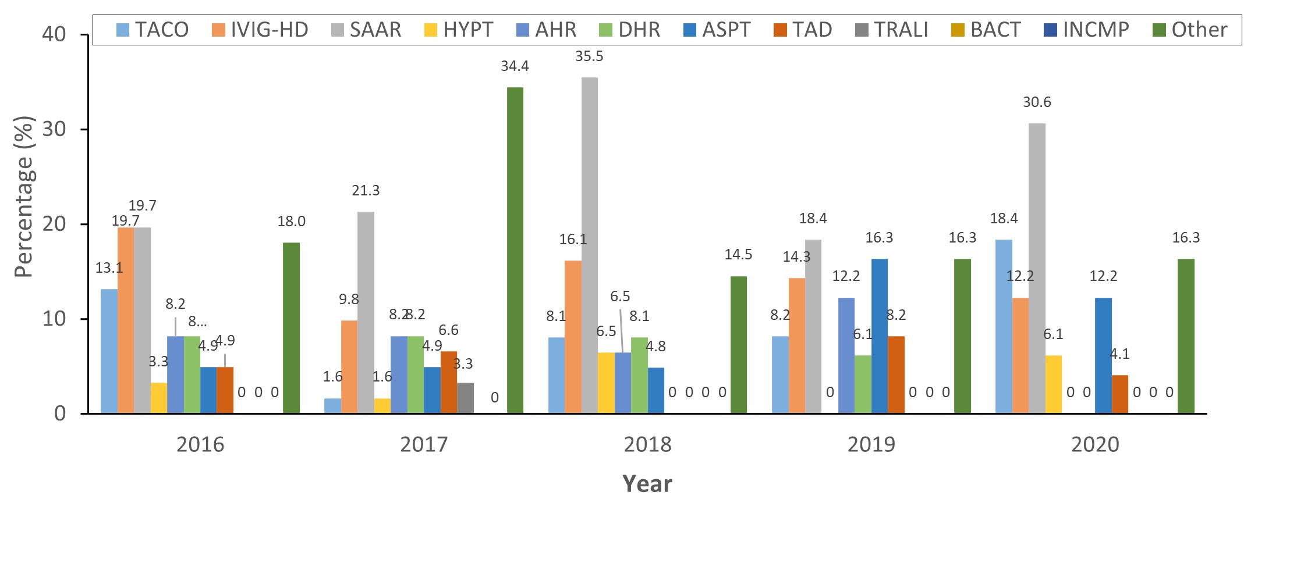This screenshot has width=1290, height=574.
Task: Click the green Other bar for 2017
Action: pyautogui.click(x=515, y=250)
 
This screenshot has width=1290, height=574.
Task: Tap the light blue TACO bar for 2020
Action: pyautogui.click(x=1004, y=326)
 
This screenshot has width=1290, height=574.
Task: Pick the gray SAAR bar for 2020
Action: pyautogui.click(x=1037, y=268)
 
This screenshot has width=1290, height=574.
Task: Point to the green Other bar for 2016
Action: pyautogui.click(x=291, y=328)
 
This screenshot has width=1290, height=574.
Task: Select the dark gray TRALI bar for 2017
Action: pyautogui.click(x=465, y=398)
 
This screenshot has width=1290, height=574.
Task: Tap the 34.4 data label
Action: pyautogui.click(x=515, y=66)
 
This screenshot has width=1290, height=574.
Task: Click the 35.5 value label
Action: pyautogui.click(x=589, y=56)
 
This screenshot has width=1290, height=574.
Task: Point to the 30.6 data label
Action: pyautogui.click(x=1037, y=102)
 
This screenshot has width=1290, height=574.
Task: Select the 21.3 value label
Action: pyautogui.click(x=366, y=191)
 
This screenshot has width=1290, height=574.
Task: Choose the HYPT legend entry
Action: pyautogui.click(x=459, y=30)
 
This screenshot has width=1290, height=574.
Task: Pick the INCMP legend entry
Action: pyautogui.click(x=1087, y=30)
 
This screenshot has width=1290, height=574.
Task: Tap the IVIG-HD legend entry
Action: pyautogui.click(x=260, y=30)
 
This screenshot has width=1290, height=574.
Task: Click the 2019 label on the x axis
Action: pyautogui.click(x=871, y=444)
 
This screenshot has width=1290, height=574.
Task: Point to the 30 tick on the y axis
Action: pyautogui.click(x=54, y=129)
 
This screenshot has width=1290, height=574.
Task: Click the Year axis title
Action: pyautogui.click(x=647, y=484)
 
